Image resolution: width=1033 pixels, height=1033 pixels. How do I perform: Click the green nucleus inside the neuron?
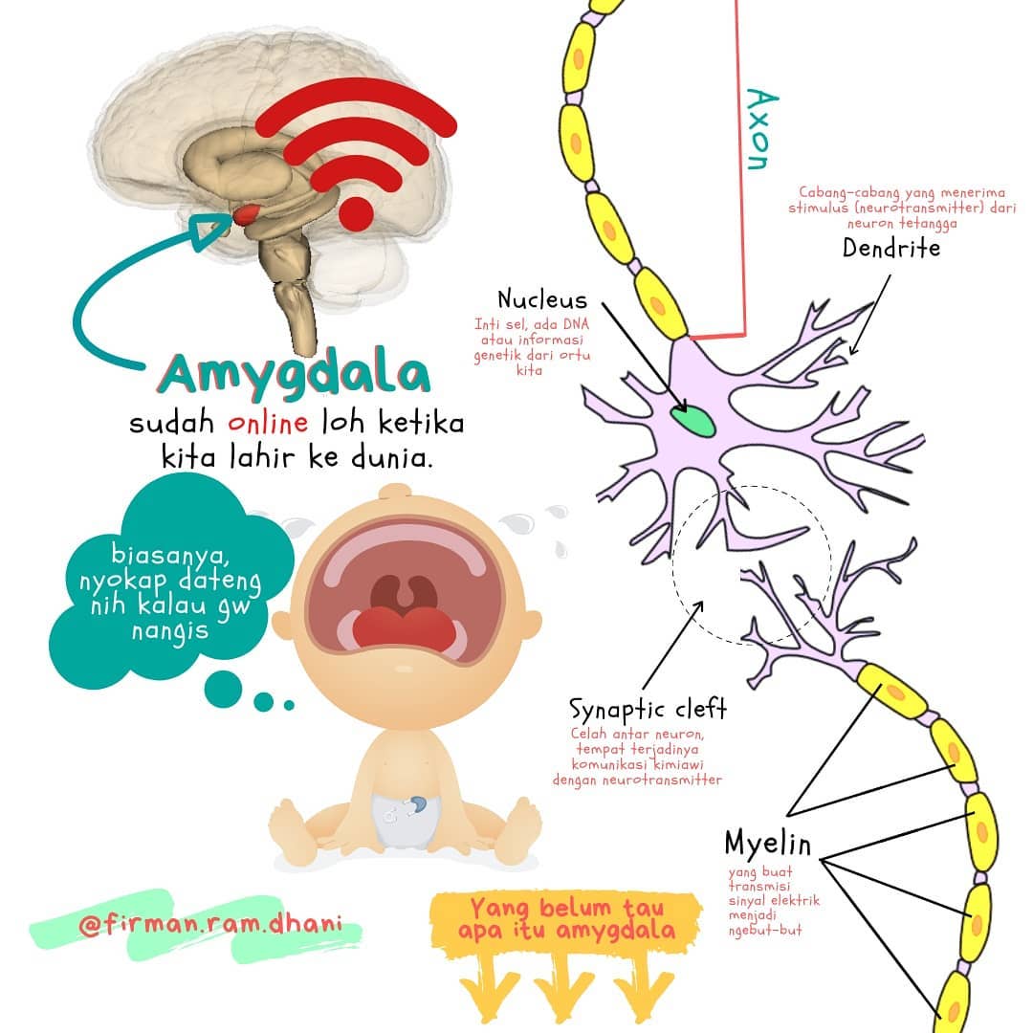[x=693, y=421]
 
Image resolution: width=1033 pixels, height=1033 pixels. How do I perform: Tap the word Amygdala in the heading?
[x=294, y=374]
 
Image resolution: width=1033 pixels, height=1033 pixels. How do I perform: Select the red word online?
[x=268, y=422]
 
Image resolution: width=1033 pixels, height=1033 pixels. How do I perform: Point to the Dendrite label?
[x=891, y=249]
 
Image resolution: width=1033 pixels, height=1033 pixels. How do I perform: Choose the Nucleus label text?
[x=541, y=299]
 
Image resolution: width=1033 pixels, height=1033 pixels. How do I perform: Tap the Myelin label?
[x=767, y=844]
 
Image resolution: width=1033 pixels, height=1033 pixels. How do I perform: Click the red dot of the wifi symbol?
[x=356, y=213]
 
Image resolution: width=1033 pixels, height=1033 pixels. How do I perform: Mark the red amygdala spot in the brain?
[x=247, y=214]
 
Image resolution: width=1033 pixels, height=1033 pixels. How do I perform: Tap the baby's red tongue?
[x=404, y=628]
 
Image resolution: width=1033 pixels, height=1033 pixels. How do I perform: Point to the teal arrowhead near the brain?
[x=209, y=231]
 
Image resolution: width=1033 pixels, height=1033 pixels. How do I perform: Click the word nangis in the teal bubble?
[x=170, y=631]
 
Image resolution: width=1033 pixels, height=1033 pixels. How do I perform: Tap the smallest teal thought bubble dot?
[x=289, y=706]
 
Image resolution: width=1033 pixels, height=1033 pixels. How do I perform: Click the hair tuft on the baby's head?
[x=395, y=493]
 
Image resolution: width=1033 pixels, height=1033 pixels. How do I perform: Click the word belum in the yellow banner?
[x=575, y=908]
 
